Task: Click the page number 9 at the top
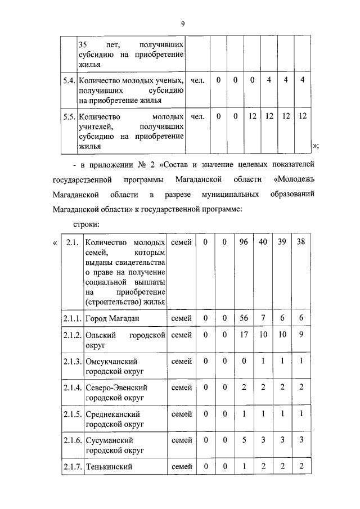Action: click(x=183, y=22)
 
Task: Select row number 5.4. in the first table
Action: click(x=69, y=80)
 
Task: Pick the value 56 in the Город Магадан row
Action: click(x=244, y=318)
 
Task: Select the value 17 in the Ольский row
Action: click(x=244, y=335)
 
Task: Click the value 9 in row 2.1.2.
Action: click(x=301, y=335)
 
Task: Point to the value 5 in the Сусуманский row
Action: click(x=244, y=439)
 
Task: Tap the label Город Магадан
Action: click(x=112, y=318)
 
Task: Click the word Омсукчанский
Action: click(x=111, y=361)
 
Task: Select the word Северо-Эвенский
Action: click(x=116, y=388)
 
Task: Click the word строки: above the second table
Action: click(x=87, y=224)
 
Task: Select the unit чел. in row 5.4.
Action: click(x=197, y=80)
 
